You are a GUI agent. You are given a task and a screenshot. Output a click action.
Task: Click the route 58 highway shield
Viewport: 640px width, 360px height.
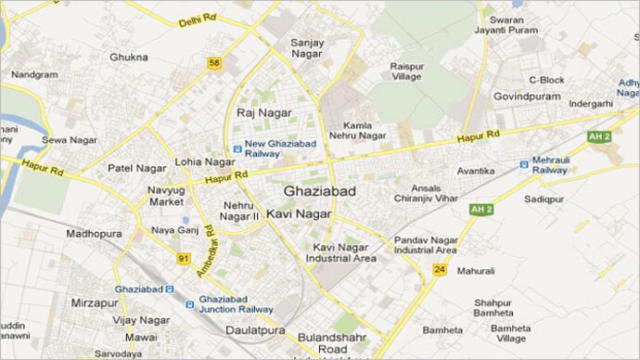click(x=214, y=63)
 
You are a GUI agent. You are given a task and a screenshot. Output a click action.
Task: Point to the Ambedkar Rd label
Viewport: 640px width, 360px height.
click(x=205, y=250)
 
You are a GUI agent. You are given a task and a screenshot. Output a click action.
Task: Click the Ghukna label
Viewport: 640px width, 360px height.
click(x=129, y=58)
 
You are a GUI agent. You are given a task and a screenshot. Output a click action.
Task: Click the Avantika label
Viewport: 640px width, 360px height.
click(x=476, y=171)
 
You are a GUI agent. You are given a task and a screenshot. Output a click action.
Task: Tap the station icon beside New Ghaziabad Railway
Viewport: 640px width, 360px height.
click(x=237, y=145)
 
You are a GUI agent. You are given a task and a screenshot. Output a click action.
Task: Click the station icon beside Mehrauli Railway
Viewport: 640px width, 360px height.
click(x=524, y=163)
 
